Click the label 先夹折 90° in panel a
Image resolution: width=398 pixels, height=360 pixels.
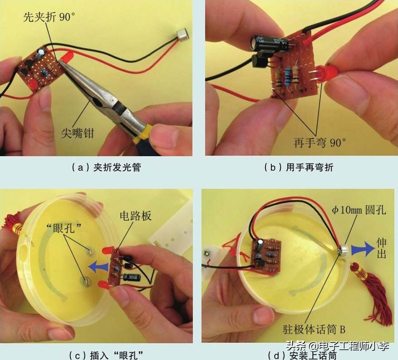[x=48, y=16]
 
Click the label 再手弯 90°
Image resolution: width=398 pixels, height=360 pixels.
[x=320, y=142]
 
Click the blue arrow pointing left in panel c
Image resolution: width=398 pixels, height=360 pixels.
[x=98, y=265]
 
